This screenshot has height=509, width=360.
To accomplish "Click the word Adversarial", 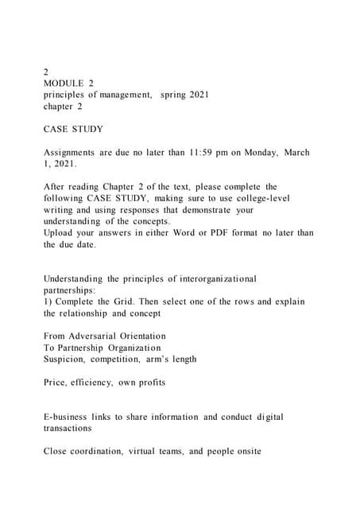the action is click(97, 336).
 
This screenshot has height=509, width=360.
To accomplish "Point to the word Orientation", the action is click(138, 336).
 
